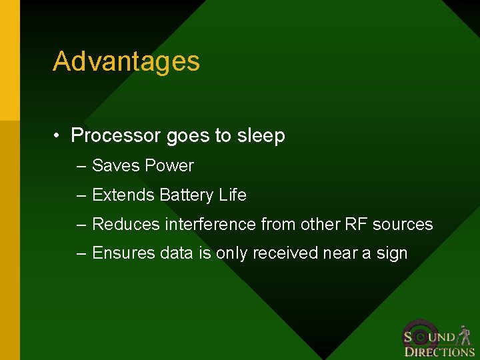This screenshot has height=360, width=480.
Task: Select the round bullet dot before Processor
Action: pos(59,136)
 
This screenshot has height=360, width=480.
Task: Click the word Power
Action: pos(169,166)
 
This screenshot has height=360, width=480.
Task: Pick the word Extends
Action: pos(123,195)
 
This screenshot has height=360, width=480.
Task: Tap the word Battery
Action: pos(187,195)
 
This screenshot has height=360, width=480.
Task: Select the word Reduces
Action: pos(124,225)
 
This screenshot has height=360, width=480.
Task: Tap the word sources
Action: pos(403,225)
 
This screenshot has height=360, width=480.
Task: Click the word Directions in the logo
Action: pos(439,351)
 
